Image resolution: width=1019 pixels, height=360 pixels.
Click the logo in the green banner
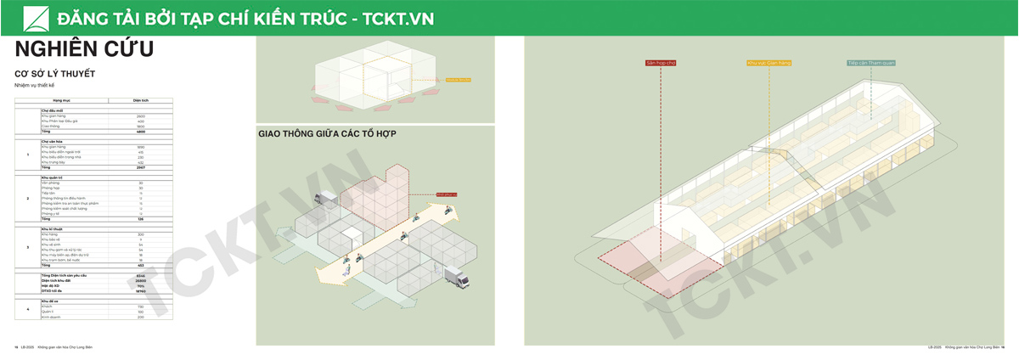point(34,18)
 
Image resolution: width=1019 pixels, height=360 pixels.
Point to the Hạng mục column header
point(62,100)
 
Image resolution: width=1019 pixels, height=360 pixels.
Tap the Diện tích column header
point(141,100)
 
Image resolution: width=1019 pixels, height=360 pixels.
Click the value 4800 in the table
point(141,132)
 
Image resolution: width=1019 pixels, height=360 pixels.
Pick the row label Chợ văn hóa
point(53,141)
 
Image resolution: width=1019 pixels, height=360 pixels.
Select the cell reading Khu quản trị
point(53,177)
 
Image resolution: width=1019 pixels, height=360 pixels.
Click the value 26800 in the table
point(141,282)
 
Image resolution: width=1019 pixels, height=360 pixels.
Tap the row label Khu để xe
point(50,301)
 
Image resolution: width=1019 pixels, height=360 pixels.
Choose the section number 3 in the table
point(28,247)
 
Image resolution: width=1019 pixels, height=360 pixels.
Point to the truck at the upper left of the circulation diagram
point(324,199)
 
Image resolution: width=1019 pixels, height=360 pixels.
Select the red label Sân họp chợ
point(660,63)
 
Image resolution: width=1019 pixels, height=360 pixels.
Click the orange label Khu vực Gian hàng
point(768,63)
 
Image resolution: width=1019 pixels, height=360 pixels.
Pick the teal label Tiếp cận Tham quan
point(871,63)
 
